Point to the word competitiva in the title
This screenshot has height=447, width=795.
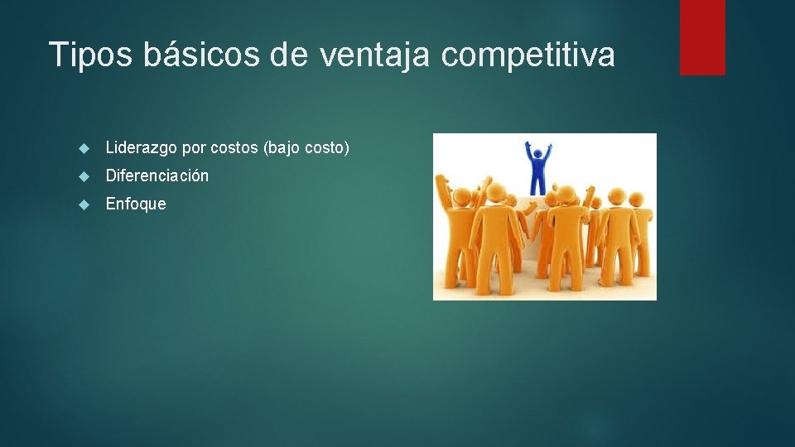coord(528,55)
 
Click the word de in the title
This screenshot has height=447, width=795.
coord(292,55)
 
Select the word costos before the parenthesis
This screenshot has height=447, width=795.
coord(234,148)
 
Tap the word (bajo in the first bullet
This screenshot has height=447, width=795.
coord(282,148)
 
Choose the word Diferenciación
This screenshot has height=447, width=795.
coord(157,175)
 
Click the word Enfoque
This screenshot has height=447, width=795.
coord(136,204)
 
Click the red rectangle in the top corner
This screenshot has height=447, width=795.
coord(702,37)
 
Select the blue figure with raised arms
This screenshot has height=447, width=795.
coord(540,170)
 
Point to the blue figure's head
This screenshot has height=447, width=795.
coord(540,153)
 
